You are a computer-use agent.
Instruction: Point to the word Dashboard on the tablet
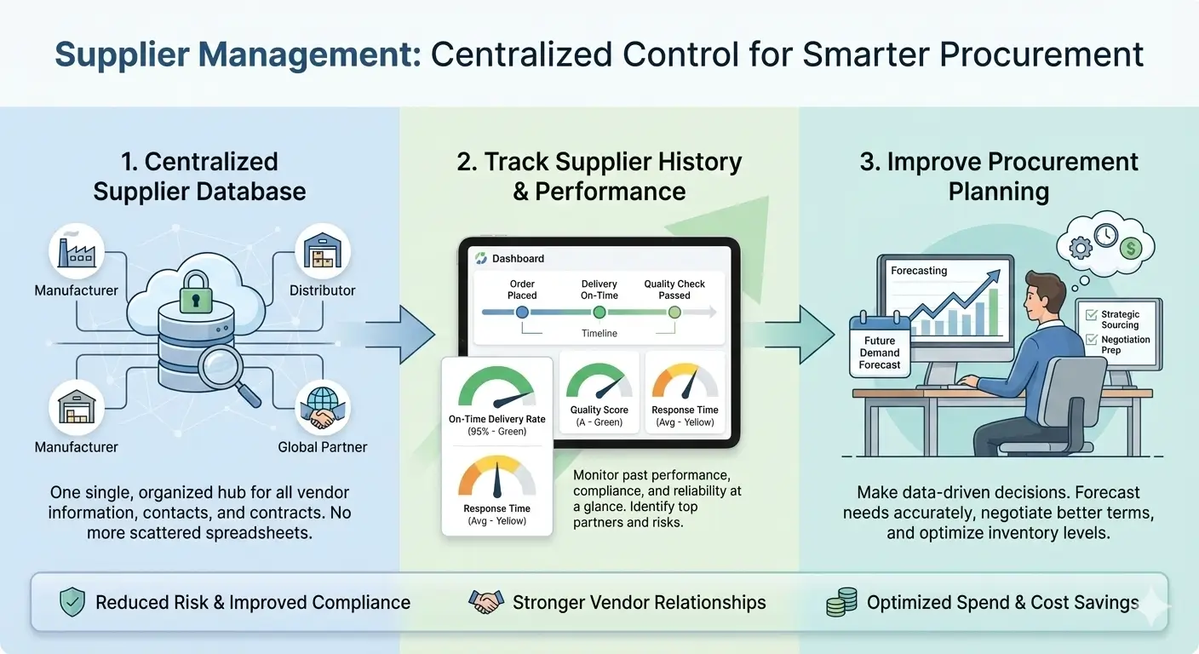518,258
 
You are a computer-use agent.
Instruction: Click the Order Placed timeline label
522,290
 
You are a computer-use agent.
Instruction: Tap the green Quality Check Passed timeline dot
674,313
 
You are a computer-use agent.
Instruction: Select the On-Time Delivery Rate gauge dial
496,388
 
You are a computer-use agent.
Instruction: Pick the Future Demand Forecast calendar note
879,346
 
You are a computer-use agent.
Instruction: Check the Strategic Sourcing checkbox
1093,314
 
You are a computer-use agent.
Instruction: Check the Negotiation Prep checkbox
1093,340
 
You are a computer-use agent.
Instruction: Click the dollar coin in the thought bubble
1132,248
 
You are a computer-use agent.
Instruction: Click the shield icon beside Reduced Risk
72,603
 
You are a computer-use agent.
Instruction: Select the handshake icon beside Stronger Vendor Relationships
486,603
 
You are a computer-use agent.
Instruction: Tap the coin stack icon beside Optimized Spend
841,603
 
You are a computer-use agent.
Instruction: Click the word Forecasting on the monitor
919,271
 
